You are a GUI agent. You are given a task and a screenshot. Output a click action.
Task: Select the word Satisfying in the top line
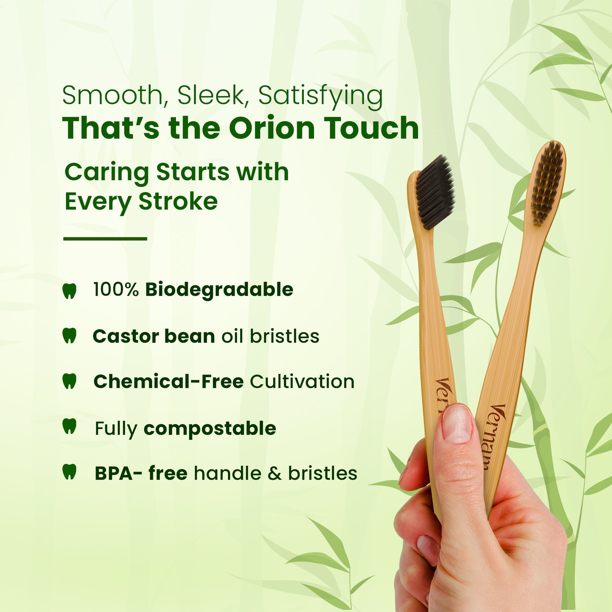[x=320, y=96]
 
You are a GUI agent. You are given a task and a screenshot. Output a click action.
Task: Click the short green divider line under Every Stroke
[x=105, y=238]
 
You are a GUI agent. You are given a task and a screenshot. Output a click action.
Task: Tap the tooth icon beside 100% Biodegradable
[x=70, y=291]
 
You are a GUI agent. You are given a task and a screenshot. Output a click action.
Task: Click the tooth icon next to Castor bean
[x=70, y=336]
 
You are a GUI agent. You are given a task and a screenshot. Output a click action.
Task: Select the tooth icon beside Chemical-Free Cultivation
[x=70, y=381]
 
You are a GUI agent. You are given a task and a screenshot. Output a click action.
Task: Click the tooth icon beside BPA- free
[x=70, y=472]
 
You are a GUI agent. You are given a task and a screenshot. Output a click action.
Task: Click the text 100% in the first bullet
[x=116, y=290]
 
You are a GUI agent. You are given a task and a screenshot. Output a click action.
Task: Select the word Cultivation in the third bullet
[x=302, y=381]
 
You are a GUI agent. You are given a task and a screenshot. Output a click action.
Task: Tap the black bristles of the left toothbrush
[x=435, y=192]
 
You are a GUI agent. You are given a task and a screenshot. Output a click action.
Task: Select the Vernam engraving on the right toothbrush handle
[x=494, y=437]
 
